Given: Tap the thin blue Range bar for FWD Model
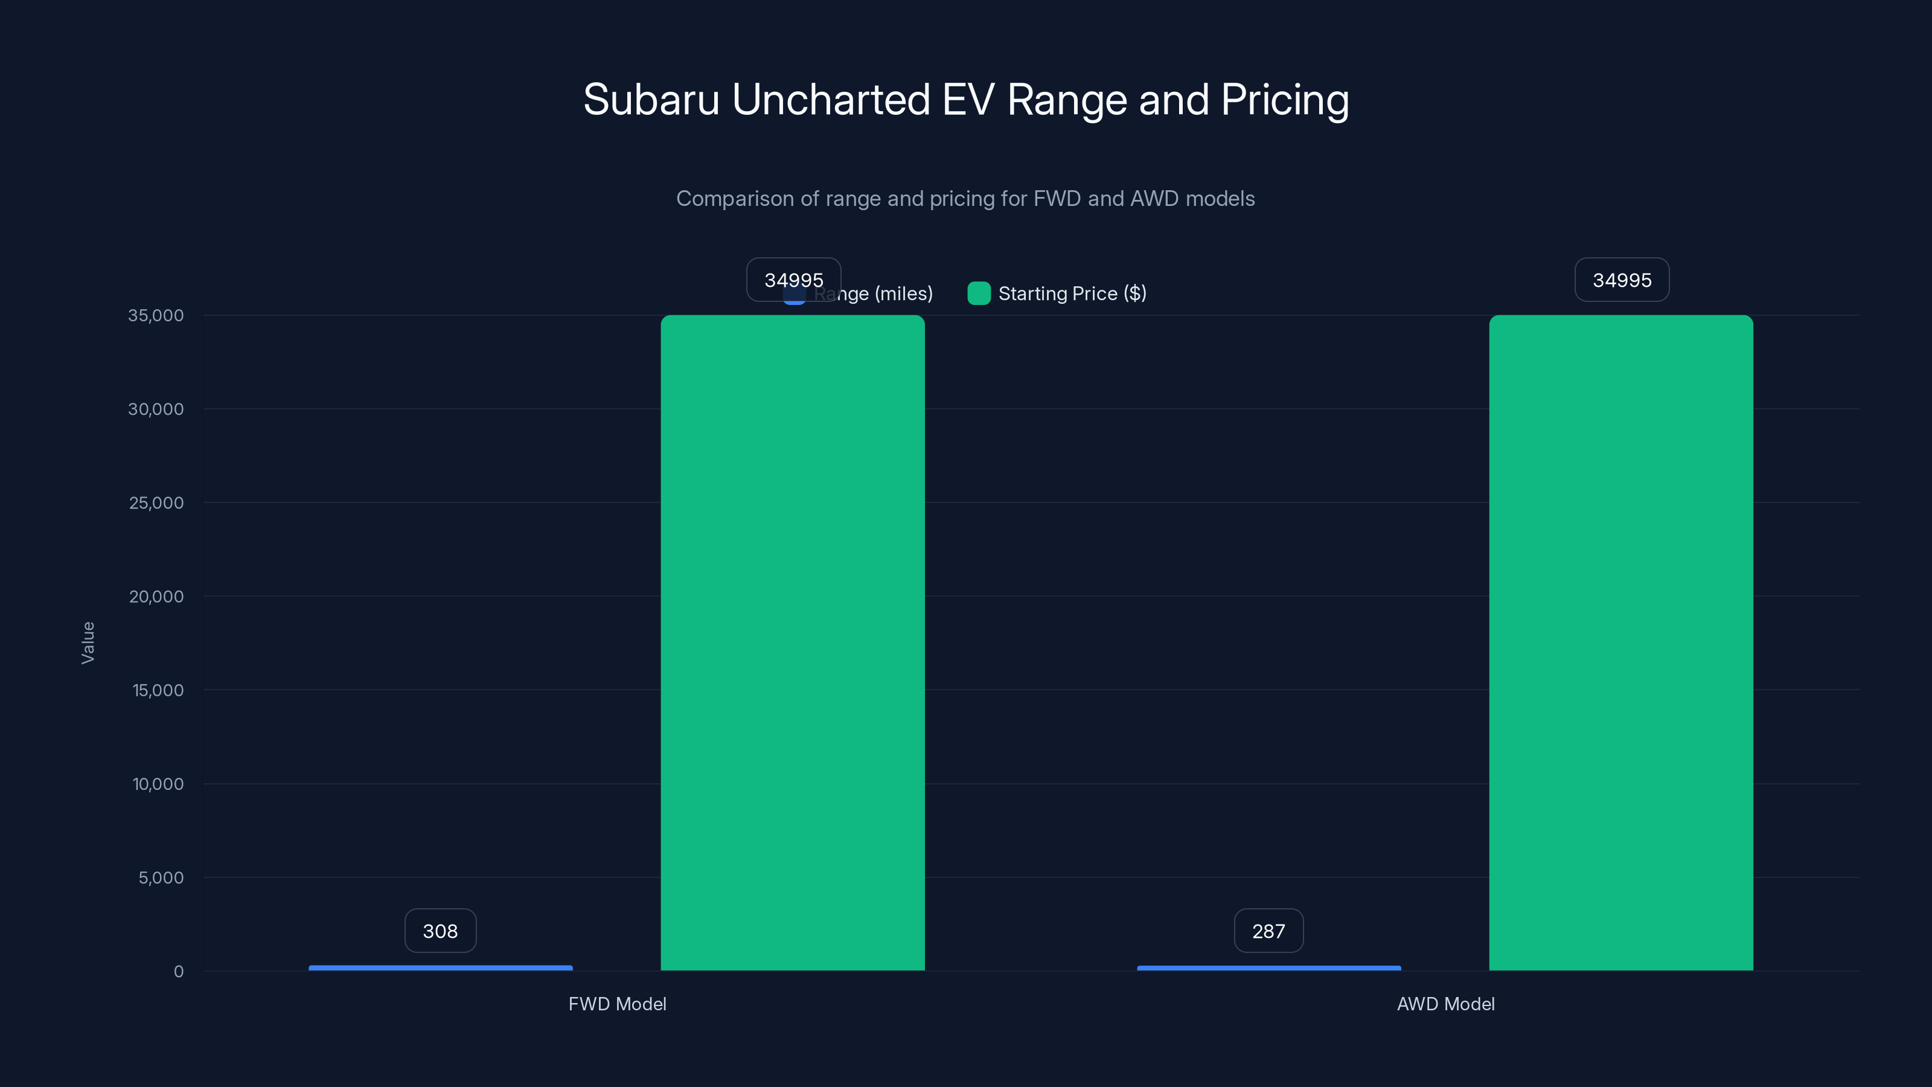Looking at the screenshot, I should coord(440,967).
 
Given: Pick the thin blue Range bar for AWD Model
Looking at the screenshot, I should coord(1268,967).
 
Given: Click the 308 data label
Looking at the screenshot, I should coord(440,931).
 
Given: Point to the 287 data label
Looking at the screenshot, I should coord(1268,931).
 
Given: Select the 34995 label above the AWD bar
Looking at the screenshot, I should coord(1622,280).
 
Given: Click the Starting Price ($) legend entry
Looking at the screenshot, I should coord(1072,293).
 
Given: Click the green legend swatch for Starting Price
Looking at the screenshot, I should coord(979,293).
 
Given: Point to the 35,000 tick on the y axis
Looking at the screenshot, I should coord(155,315).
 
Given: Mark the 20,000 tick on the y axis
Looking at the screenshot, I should coord(155,597).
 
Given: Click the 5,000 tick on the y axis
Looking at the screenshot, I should coord(160,877).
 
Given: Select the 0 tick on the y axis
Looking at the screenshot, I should coord(179,972).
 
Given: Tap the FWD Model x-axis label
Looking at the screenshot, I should coord(616,1004).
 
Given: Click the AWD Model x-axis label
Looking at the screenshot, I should coord(1445,1004).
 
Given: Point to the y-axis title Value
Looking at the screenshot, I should coord(88,642).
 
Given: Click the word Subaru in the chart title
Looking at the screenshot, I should coord(651,100).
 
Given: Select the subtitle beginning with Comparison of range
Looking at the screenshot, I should coord(965,199).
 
